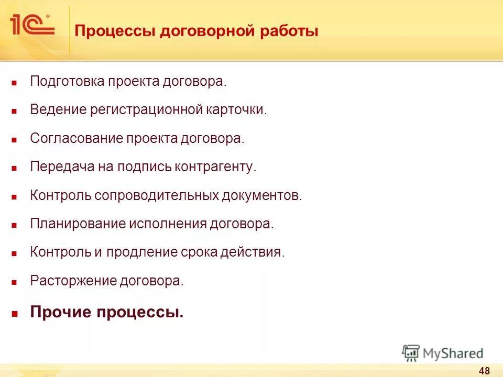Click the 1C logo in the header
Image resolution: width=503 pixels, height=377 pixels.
click(31, 25)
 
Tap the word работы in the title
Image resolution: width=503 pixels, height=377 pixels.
click(290, 31)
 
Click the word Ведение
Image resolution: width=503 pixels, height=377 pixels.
click(58, 110)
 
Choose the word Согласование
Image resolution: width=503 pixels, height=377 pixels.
click(76, 139)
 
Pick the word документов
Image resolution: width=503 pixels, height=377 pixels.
click(262, 195)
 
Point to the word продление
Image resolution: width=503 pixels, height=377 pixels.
click(138, 252)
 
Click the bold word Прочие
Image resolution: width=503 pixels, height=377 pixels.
click(60, 313)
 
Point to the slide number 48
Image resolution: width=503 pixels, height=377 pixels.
click(484, 371)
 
